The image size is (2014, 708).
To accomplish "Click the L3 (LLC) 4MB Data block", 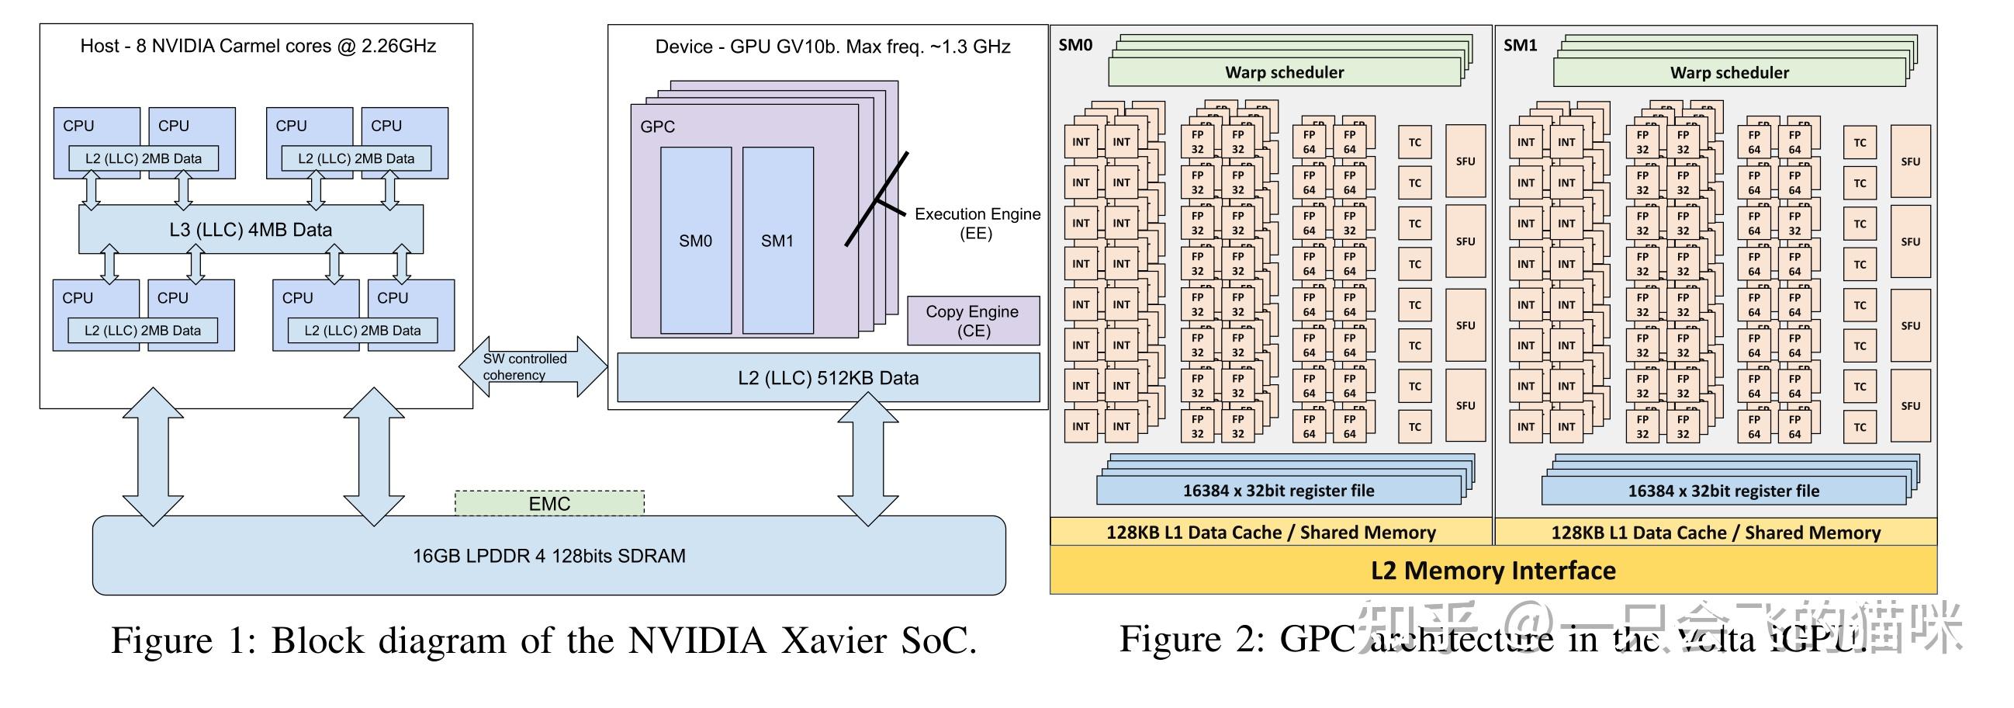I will [x=250, y=229].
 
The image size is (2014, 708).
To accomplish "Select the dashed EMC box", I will [x=548, y=503].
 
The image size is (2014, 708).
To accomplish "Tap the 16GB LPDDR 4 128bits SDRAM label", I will [x=548, y=556].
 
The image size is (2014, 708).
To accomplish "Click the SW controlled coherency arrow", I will [x=532, y=367].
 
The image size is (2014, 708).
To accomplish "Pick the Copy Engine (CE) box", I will [x=973, y=321].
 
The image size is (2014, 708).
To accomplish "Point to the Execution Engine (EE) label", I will [x=977, y=224].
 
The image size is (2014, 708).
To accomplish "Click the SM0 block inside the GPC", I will [x=695, y=241].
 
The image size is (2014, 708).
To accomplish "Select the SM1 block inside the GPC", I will [x=777, y=241].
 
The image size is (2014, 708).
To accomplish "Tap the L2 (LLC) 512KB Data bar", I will [x=828, y=378].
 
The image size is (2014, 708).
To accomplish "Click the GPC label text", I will [x=657, y=127].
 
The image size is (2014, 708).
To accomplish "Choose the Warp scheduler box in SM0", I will [x=1283, y=73].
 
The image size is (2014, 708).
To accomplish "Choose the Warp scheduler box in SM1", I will [x=1729, y=73].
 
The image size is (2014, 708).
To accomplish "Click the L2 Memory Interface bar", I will [x=1493, y=571].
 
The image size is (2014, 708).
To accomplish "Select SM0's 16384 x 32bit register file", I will [x=1278, y=491].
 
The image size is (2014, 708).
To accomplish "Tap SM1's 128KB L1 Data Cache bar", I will [x=1715, y=533].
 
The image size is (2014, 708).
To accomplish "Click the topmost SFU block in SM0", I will [x=1466, y=161].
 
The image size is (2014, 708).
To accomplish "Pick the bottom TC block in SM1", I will [x=1859, y=427].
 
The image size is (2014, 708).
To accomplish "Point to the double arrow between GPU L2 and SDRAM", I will [x=867, y=459].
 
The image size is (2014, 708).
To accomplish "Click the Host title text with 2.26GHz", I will [x=258, y=46].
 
